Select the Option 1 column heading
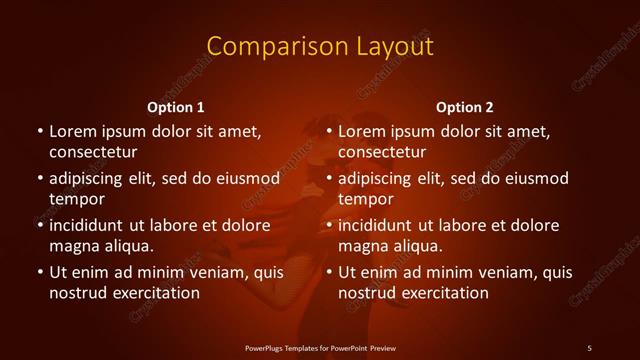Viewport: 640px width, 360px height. coord(176,107)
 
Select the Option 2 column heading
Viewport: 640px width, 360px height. coord(465,107)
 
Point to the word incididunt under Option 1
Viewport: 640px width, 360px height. coord(91,225)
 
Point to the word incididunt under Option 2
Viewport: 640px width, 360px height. coord(380,225)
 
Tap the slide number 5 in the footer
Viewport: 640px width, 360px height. coord(589,347)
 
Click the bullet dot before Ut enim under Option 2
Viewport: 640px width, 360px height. coord(328,272)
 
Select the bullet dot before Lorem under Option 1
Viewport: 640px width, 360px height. coord(39,131)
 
